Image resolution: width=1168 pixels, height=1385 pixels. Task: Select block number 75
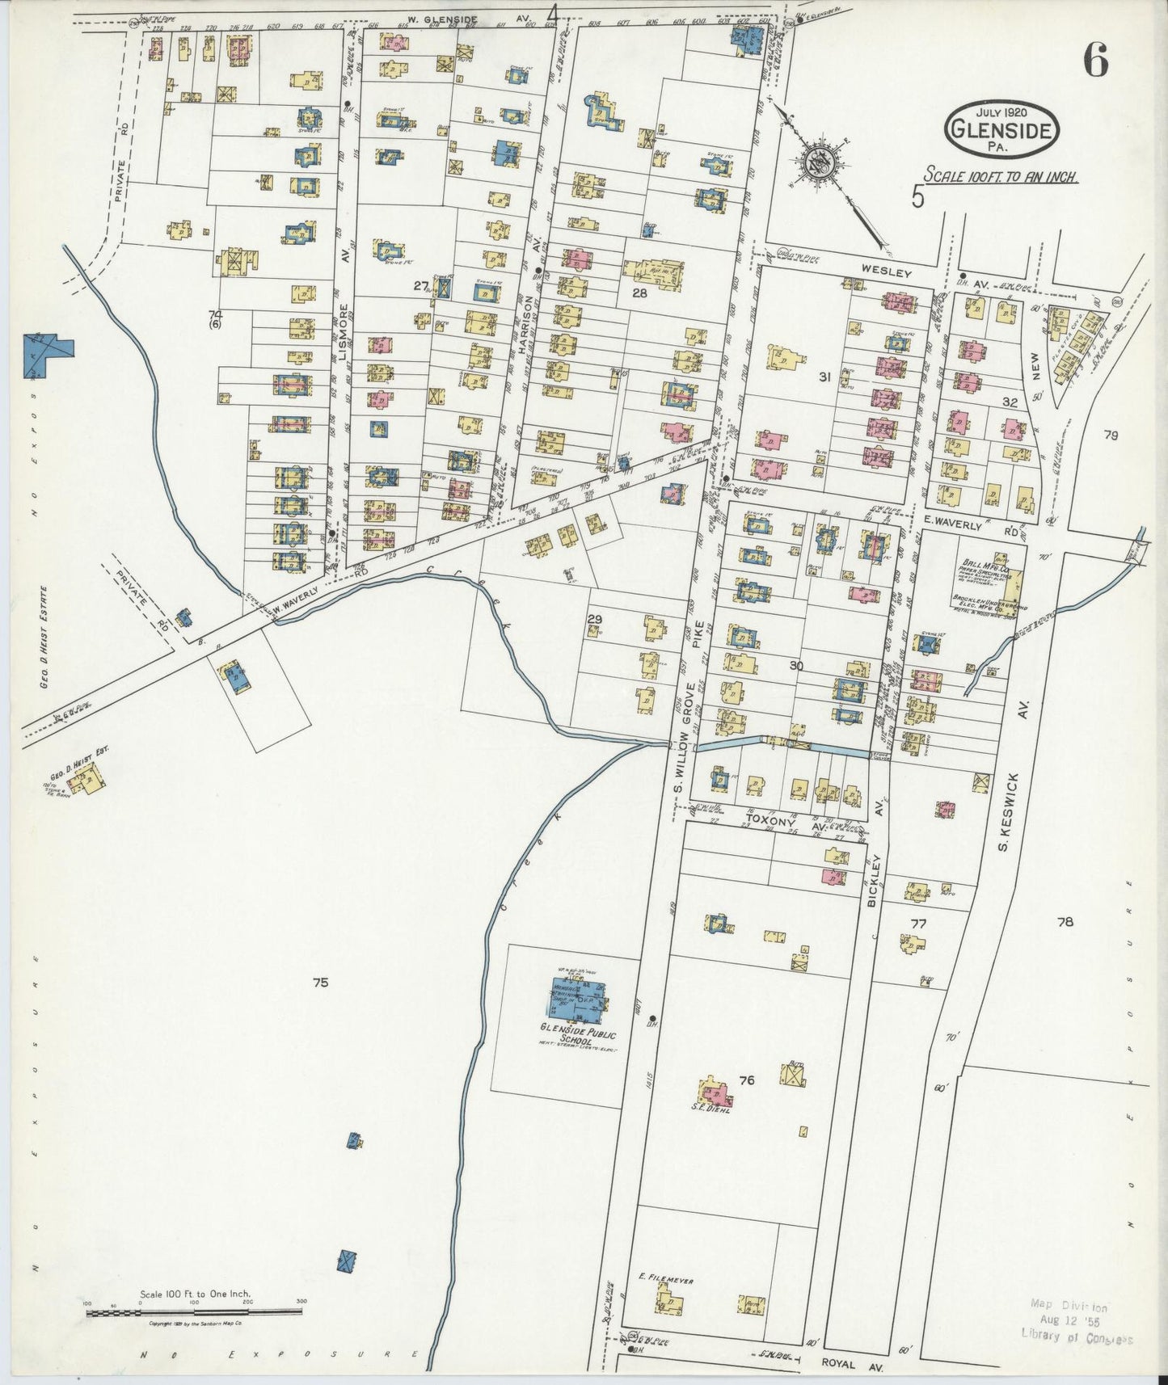(x=321, y=983)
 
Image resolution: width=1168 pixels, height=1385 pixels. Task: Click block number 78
(x=1065, y=921)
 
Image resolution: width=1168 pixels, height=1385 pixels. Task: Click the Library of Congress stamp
(x=1074, y=1322)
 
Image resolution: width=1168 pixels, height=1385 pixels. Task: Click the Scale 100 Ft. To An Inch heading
(x=1001, y=175)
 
